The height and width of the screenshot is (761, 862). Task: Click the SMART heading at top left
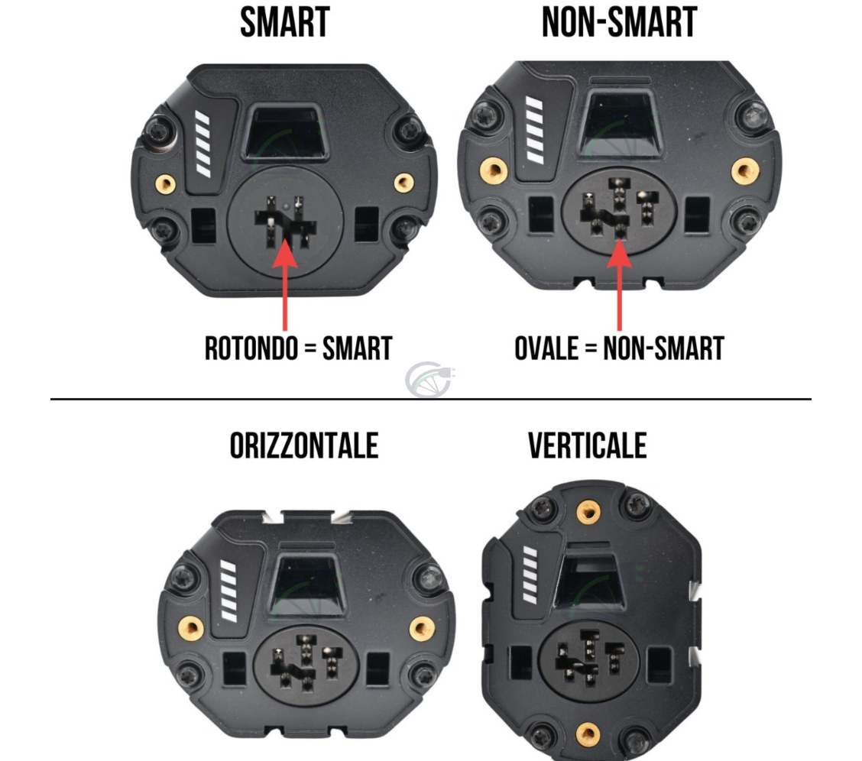[x=284, y=22]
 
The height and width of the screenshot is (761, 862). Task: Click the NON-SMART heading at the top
[x=619, y=22]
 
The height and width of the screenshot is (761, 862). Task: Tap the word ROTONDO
[x=251, y=348]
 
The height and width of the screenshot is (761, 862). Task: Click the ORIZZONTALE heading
[x=304, y=445]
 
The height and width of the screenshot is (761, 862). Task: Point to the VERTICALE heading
[x=587, y=445]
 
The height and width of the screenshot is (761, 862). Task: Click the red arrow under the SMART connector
[x=285, y=283]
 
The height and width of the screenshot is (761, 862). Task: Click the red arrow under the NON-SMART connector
[x=619, y=283]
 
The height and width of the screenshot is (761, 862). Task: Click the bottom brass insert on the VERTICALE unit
[x=587, y=734]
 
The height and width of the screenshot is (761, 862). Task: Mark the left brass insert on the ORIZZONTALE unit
[x=190, y=629]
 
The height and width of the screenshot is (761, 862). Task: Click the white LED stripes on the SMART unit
[x=203, y=141]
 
